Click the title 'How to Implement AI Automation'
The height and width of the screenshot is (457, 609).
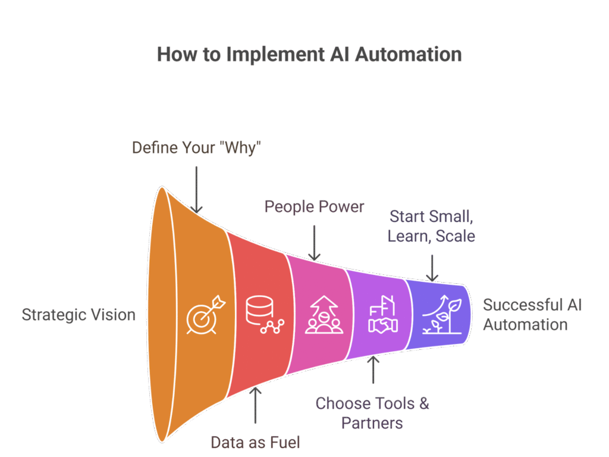309,54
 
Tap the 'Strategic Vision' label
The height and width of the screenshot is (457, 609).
79,314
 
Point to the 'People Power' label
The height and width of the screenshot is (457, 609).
314,206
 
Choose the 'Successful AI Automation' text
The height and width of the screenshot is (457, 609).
532,315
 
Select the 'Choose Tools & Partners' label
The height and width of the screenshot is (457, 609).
372,413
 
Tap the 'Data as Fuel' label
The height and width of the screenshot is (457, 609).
256,442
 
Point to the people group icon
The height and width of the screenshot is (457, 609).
321,316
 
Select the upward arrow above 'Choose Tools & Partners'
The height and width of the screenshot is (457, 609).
373,370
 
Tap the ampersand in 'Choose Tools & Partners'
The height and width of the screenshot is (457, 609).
423,403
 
